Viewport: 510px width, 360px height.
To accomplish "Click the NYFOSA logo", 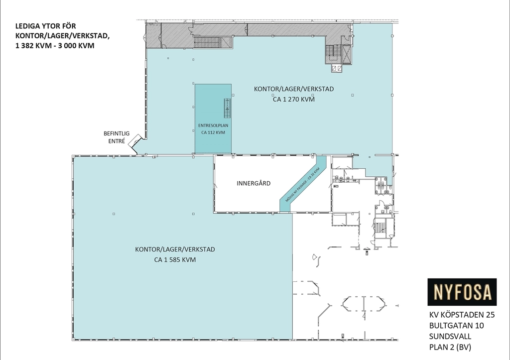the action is point(462,292).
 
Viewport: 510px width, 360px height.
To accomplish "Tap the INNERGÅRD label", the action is point(254,183).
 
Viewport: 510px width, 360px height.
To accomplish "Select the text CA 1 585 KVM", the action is point(175,259).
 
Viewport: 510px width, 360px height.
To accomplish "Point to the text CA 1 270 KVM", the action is point(294,99).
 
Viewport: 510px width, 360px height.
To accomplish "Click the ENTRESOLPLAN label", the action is point(213,125).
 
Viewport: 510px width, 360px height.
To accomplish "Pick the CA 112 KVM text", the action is point(213,132).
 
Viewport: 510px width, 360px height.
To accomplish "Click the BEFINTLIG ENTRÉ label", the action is point(117,137).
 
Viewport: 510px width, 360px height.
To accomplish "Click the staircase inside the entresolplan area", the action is point(227,108).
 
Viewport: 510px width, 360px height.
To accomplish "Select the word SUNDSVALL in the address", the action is point(450,336).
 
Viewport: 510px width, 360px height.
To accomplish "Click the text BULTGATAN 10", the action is point(456,326).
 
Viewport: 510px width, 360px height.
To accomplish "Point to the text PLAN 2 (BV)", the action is point(450,347).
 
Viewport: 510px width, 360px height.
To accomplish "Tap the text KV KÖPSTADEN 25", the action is point(462,315).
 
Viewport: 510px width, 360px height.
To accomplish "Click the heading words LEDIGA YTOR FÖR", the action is point(45,26).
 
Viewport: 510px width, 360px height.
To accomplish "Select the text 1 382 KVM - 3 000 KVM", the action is point(55,45).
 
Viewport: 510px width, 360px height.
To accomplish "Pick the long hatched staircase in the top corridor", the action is point(213,42).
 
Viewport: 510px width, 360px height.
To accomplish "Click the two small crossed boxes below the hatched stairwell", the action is point(337,68).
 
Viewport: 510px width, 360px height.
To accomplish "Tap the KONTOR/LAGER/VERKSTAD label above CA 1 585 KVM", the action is point(175,249).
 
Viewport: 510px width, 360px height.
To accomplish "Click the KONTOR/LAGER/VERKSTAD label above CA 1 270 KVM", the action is point(294,89).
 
